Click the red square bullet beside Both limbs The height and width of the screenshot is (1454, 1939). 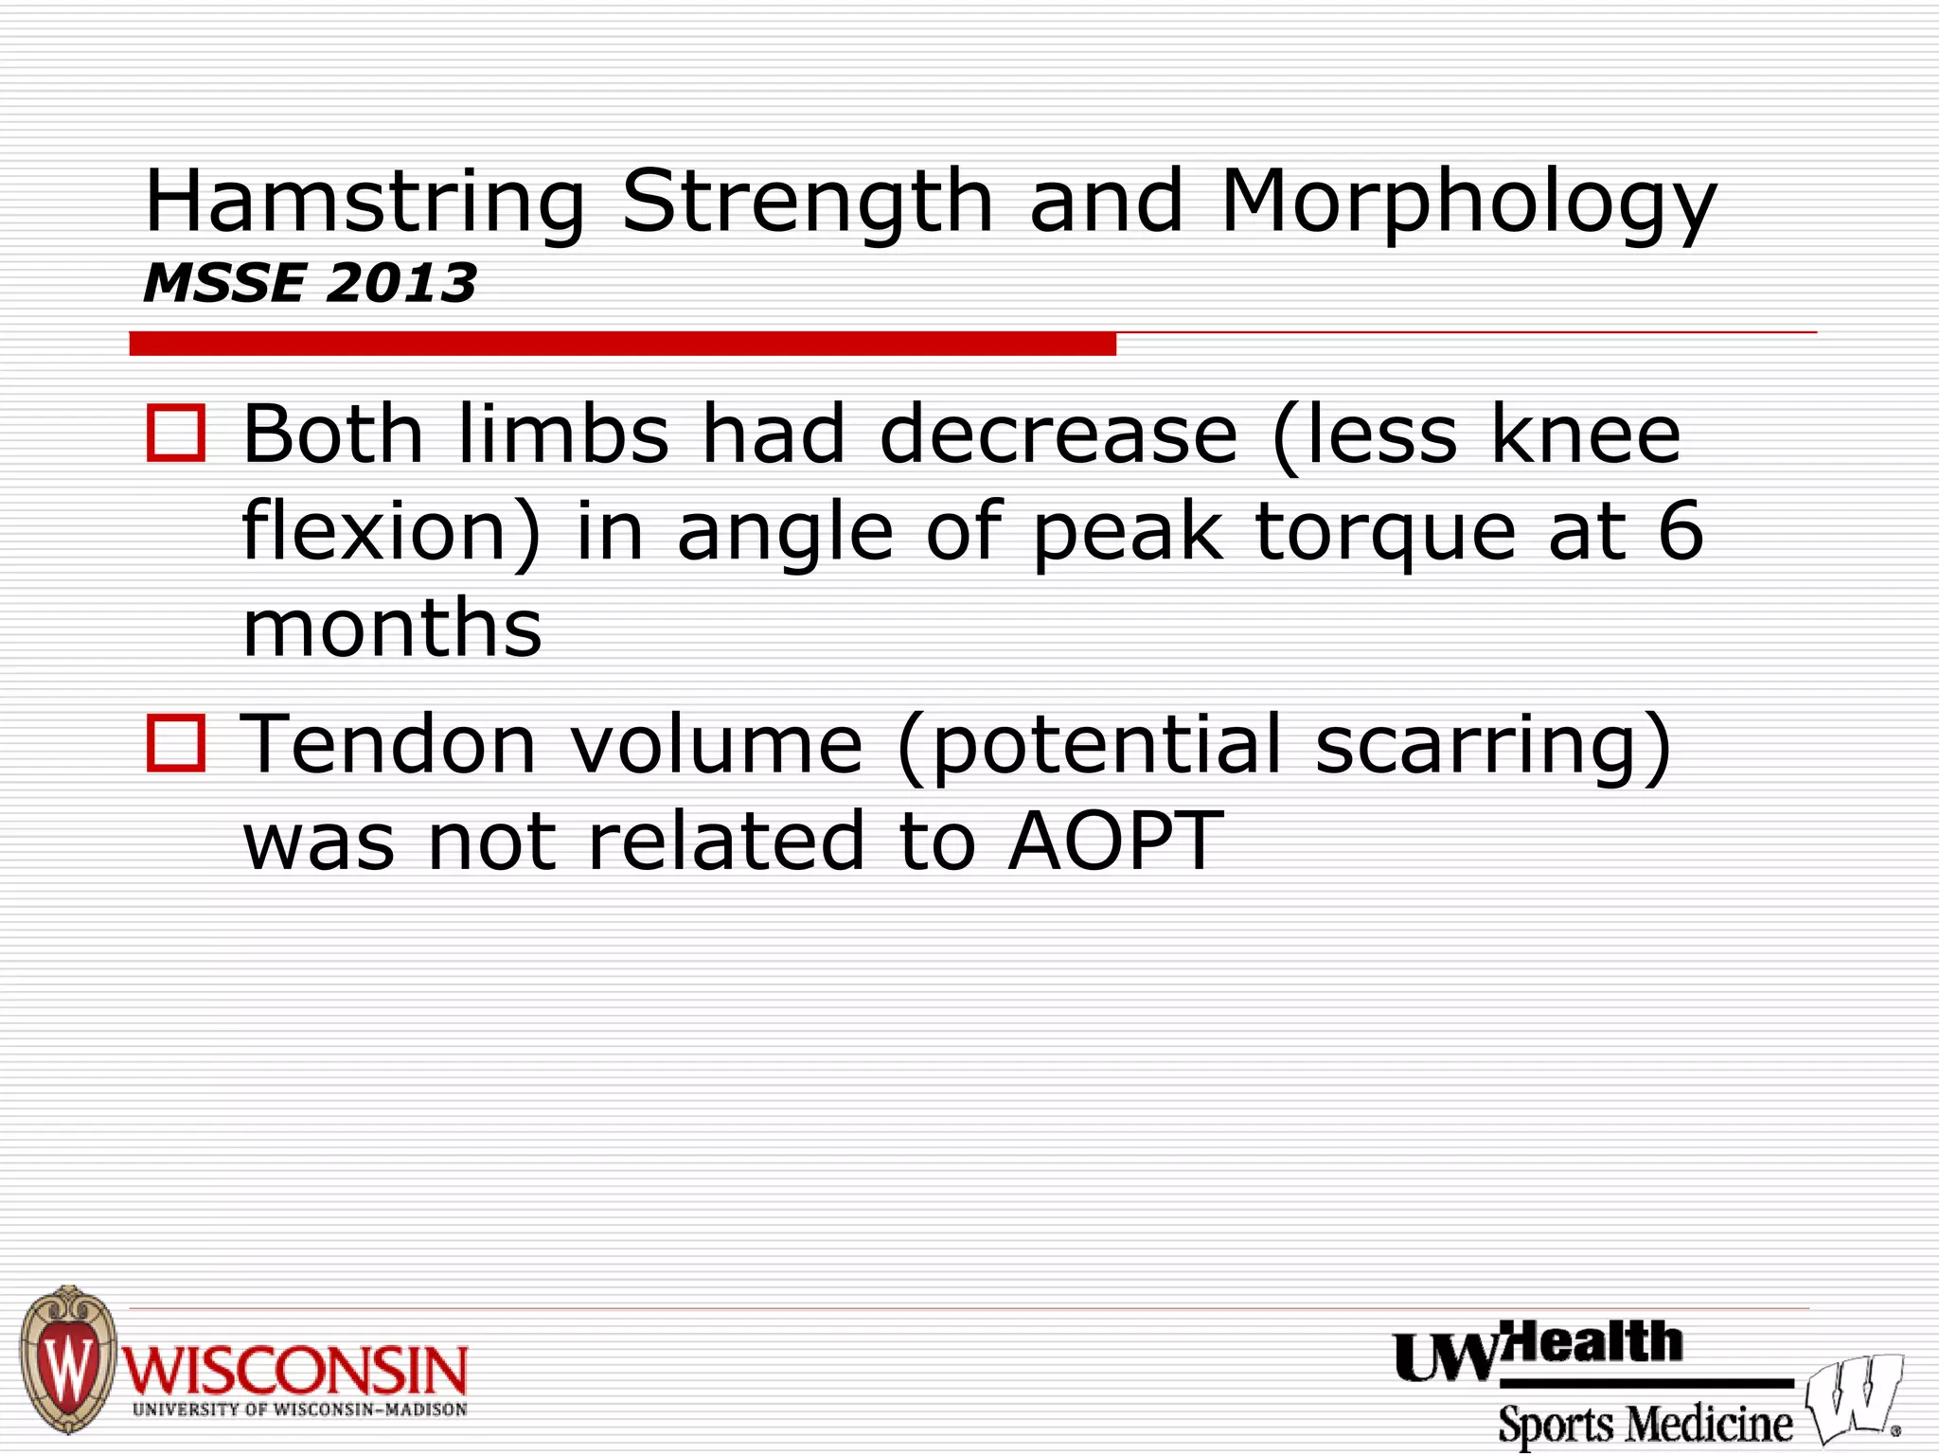176,434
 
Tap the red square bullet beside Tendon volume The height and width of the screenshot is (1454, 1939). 176,744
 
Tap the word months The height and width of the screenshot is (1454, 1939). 392,629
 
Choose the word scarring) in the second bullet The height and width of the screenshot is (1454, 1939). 1493,746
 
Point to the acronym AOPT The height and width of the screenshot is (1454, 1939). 1115,841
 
